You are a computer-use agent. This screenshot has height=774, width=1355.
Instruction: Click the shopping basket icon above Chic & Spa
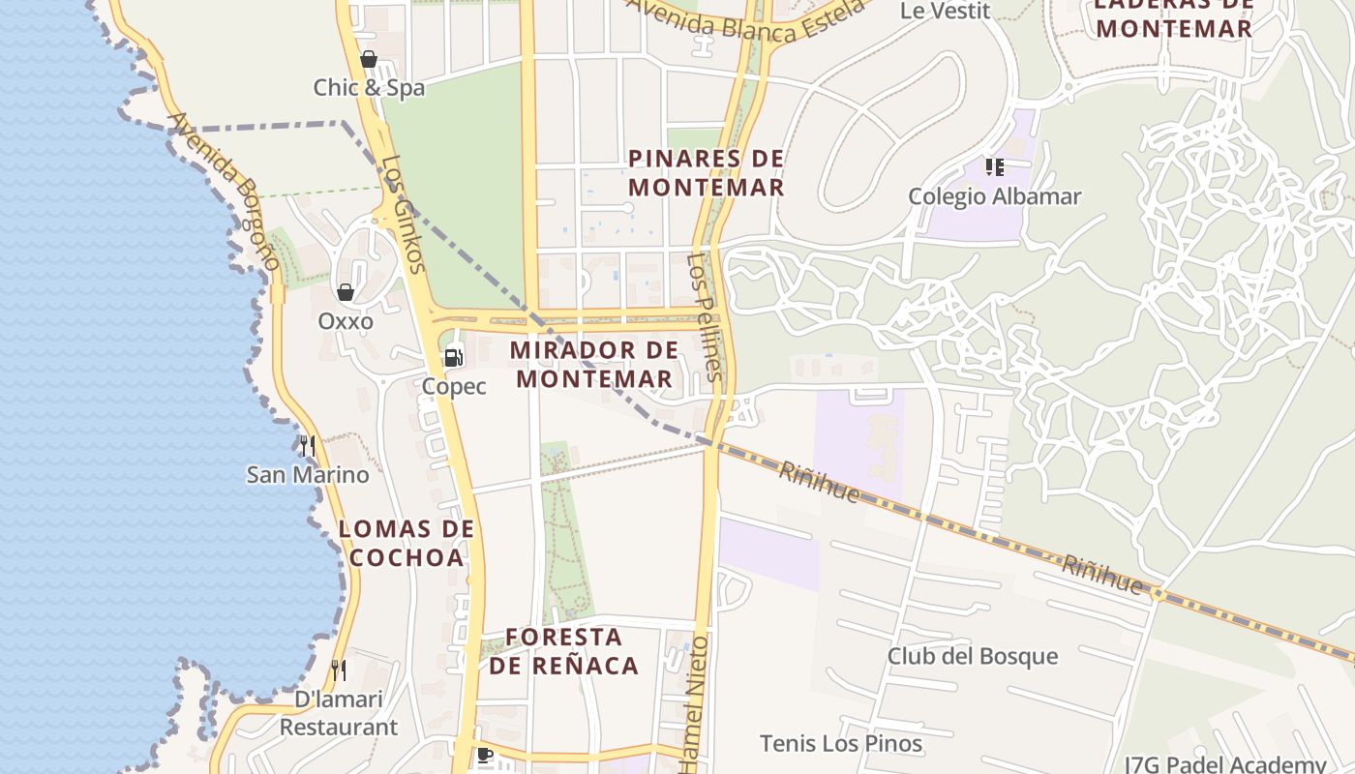coord(368,59)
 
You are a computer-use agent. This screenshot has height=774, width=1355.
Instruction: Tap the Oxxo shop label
coord(346,320)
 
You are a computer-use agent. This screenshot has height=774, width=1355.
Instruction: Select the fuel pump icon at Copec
coord(453,358)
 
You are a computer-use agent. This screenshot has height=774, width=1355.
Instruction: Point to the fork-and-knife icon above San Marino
coord(308,445)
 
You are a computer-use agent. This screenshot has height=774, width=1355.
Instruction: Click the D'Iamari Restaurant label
coord(338,713)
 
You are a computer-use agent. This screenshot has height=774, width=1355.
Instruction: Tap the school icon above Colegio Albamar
coord(994,167)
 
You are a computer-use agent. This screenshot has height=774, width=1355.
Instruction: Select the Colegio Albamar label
coord(994,196)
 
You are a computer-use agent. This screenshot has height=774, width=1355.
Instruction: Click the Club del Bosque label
coord(973,656)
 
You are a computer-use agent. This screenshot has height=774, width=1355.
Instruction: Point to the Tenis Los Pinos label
coord(841,743)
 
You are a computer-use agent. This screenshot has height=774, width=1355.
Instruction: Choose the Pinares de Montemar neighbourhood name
coord(706,172)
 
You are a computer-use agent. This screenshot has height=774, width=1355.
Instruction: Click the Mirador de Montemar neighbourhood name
coord(594,364)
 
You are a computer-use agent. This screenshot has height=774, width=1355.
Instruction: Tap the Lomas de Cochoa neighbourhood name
coord(406,543)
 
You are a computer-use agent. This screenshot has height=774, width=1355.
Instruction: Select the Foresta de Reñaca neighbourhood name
coord(563,651)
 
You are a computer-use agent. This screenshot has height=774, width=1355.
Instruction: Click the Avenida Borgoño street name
coord(225,191)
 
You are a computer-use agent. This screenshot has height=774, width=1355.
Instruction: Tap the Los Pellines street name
coord(705,316)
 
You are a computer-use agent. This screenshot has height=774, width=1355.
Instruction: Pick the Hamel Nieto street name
coord(695,703)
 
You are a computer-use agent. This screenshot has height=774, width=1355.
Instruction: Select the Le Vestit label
coord(945,11)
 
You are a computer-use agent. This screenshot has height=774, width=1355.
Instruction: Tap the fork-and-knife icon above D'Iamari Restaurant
coord(339,670)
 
